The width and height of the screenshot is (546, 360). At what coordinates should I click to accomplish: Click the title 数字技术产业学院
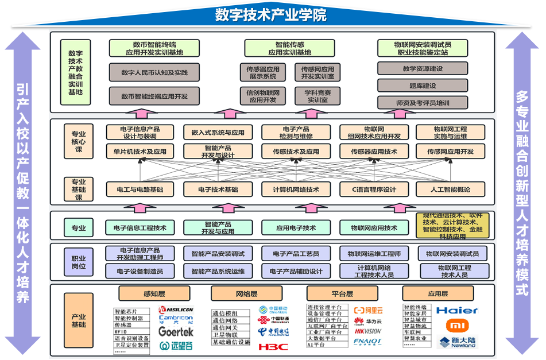(x=271, y=14)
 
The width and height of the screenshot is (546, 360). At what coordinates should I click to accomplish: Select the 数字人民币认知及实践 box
(x=154, y=73)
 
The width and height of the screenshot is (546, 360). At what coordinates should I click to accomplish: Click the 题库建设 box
(x=423, y=86)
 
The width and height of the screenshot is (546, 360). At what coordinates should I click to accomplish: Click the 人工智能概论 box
(x=450, y=189)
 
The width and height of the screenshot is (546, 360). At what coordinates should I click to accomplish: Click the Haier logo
(x=457, y=311)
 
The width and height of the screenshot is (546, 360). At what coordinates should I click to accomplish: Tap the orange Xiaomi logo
(x=457, y=326)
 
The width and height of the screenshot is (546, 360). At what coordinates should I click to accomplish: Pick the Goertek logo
(x=176, y=332)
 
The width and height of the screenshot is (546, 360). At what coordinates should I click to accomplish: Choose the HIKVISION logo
(x=367, y=331)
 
